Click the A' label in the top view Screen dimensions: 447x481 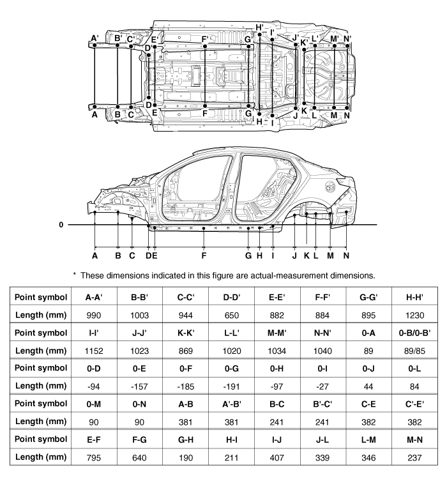pos(95,38)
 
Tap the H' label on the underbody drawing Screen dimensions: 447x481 pos(260,27)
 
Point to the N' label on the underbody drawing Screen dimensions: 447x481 pos(347,39)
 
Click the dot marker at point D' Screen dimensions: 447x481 pos(149,55)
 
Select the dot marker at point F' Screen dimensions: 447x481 pos(205,47)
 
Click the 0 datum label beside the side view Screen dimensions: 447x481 pos(61,225)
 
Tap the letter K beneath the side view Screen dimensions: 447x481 pos(307,256)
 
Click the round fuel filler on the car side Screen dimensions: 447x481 pos(331,187)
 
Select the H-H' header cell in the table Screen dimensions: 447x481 pos(414,297)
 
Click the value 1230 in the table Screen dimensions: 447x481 pos(414,316)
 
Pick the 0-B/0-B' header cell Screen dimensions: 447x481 pos(414,333)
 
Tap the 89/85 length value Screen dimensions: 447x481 pos(414,351)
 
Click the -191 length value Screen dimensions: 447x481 pos(231,386)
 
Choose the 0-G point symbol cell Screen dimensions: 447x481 pos(231,369)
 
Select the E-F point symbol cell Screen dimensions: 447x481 pos(94,439)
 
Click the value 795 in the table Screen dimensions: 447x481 pos(94,458)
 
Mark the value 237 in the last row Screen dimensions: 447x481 pos(414,458)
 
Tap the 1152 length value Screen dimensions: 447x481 pos(94,351)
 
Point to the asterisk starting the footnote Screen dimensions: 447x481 pos(75,274)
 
